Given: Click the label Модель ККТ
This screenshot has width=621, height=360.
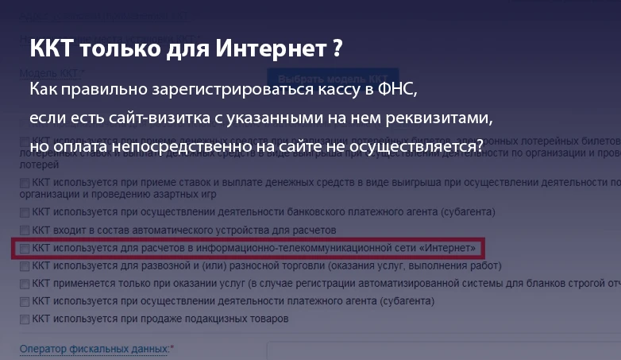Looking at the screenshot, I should (x=48, y=74).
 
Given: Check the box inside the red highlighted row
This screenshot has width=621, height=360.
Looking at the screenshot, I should (x=25, y=249).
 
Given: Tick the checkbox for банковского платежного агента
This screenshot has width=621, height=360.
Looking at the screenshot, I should (x=25, y=212).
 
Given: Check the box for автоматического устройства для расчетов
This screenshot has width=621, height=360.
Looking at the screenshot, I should (x=25, y=230).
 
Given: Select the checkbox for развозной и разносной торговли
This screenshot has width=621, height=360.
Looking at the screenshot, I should (x=25, y=266).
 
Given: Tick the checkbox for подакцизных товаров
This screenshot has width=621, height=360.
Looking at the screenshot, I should (x=25, y=319).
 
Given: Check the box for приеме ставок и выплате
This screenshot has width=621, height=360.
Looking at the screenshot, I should (x=25, y=183).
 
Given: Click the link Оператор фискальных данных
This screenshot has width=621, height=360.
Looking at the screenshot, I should (x=94, y=349).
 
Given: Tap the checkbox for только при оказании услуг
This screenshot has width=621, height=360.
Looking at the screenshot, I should (x=25, y=284).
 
